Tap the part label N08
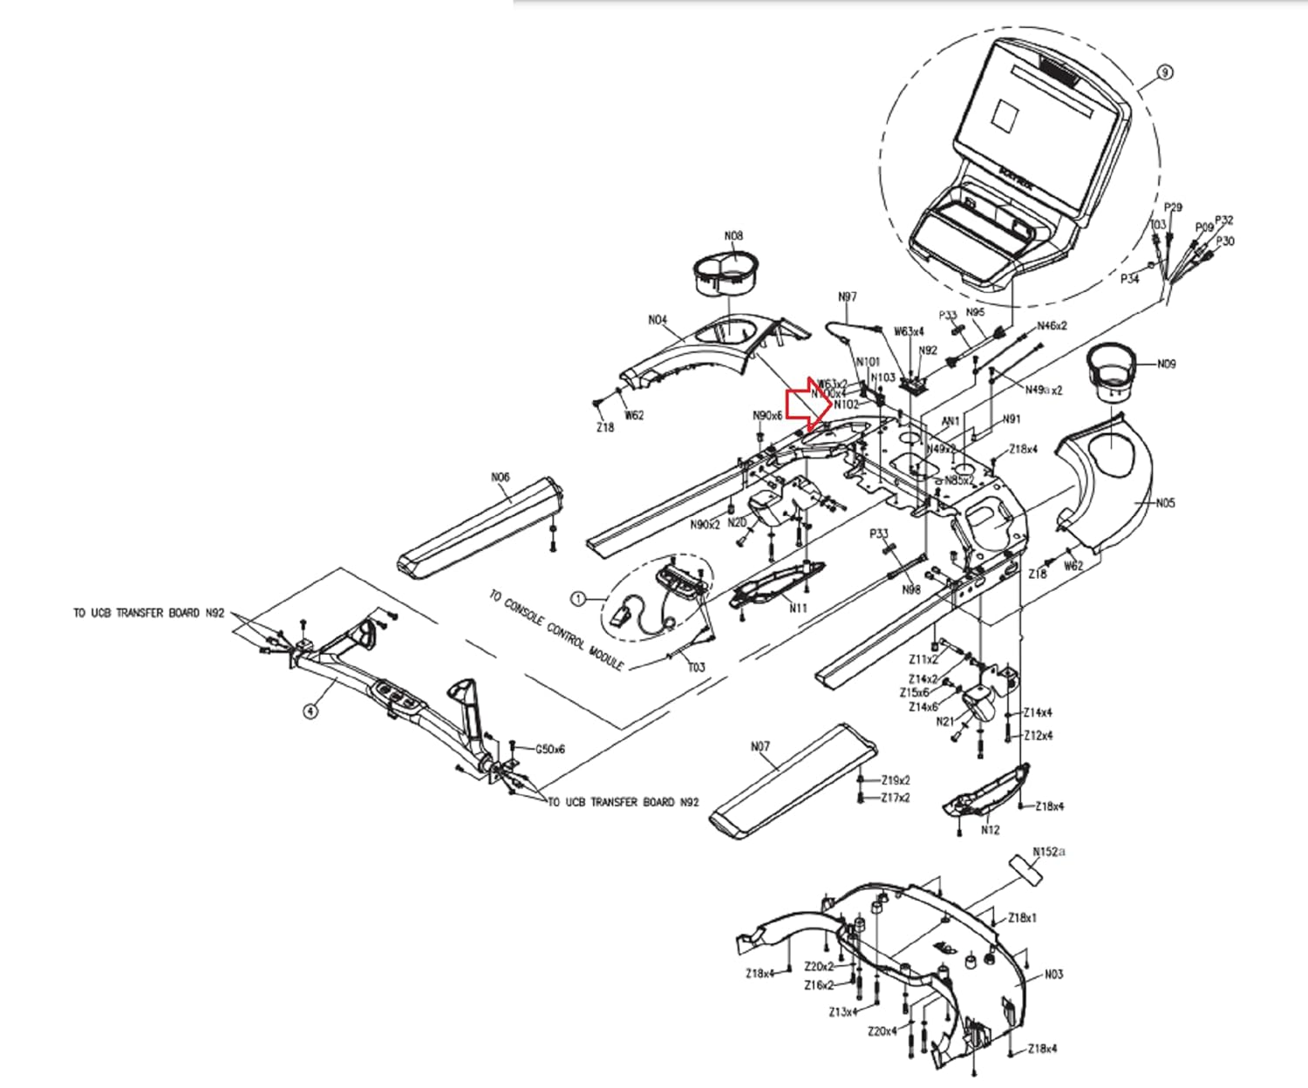[x=733, y=235]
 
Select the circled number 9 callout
[x=1165, y=73]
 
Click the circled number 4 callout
[x=310, y=711]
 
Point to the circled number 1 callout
[x=577, y=598]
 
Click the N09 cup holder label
[x=1166, y=364]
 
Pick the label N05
[x=1165, y=503]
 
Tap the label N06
[x=500, y=477]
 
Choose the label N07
[x=760, y=746]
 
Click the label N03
[x=1053, y=974]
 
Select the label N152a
[x=1049, y=852]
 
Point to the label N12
[x=990, y=830]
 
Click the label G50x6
[x=549, y=749]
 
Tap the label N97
[x=847, y=297]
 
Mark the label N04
[x=657, y=320]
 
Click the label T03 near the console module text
[x=696, y=668]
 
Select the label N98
[x=911, y=590]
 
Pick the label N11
[x=798, y=609]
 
